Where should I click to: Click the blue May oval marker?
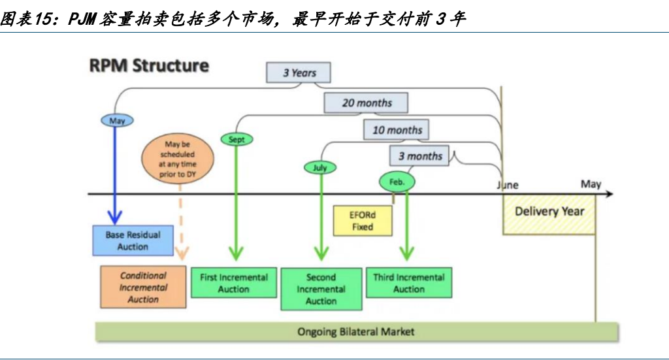tap(118, 120)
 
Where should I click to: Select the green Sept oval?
tap(237, 139)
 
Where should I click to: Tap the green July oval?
tap(320, 167)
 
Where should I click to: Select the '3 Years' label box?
tap(299, 73)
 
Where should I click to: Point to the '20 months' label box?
tap(367, 103)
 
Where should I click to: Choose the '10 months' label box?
tap(396, 130)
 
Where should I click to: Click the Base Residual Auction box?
tap(133, 240)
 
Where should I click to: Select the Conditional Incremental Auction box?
tap(143, 287)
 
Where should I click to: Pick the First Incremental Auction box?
tap(233, 283)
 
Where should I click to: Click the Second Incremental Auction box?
tap(321, 289)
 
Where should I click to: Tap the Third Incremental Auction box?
tap(409, 283)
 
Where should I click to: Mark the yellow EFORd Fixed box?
tap(363, 221)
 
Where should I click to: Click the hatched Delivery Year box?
tap(549, 215)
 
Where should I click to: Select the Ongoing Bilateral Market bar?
tap(356, 331)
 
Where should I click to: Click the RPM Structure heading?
tap(149, 66)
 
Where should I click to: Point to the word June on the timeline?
tap(507, 185)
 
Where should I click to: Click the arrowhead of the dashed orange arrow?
tap(182, 254)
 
